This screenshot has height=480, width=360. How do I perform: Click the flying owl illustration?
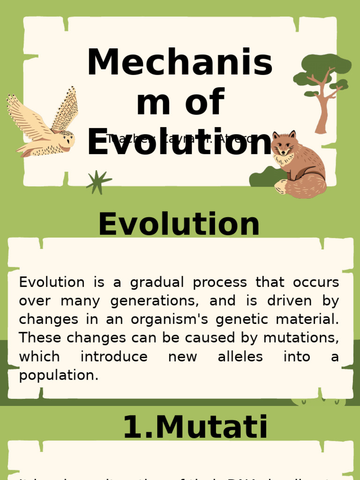(x=45, y=127)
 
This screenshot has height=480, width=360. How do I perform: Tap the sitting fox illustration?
(x=298, y=164)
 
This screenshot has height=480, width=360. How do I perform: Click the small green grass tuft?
(x=98, y=182)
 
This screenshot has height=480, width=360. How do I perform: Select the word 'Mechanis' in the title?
(x=180, y=63)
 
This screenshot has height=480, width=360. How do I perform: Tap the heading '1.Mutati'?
(x=195, y=427)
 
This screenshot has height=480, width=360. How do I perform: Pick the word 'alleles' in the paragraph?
(x=240, y=357)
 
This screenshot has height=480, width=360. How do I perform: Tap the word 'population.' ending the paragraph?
(x=59, y=375)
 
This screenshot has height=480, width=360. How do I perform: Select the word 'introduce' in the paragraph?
(x=114, y=357)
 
